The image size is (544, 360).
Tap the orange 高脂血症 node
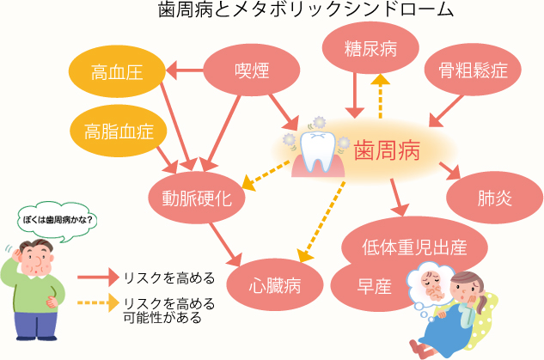coord(119,131)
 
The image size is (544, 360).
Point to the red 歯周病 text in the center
coord(387,151)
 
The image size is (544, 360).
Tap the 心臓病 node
coord(275,284)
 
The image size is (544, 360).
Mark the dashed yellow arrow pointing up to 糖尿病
coord(379,95)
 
